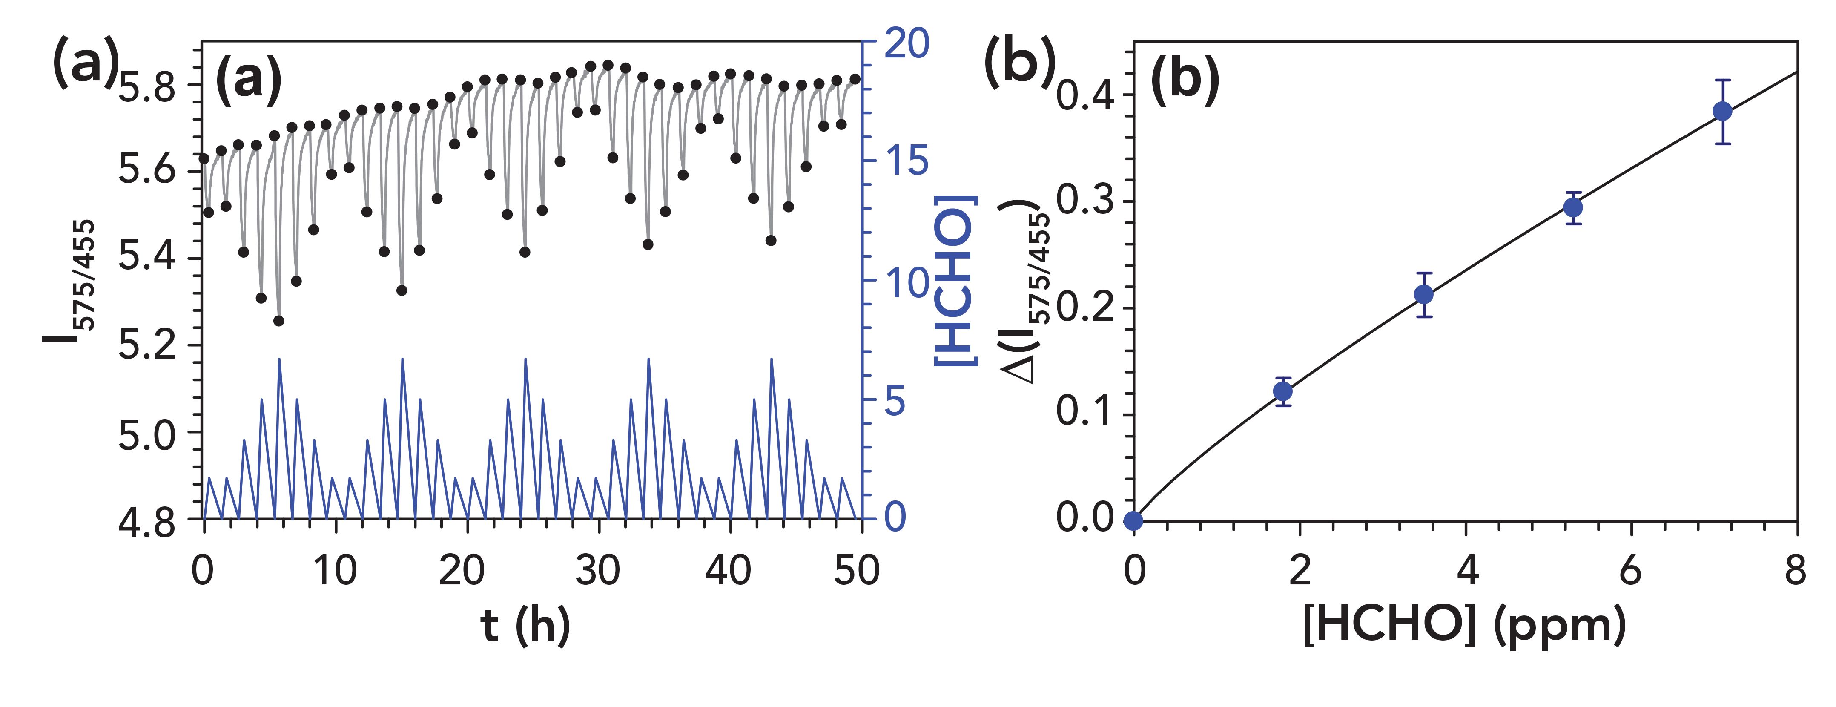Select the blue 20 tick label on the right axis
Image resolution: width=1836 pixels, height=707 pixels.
[907, 44]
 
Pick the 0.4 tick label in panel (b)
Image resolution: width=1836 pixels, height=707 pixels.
[1085, 95]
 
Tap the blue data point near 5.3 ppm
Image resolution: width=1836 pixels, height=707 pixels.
[1573, 207]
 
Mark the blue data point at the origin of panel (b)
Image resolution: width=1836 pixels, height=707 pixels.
[1133, 520]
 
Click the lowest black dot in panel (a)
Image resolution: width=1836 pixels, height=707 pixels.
[278, 321]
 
